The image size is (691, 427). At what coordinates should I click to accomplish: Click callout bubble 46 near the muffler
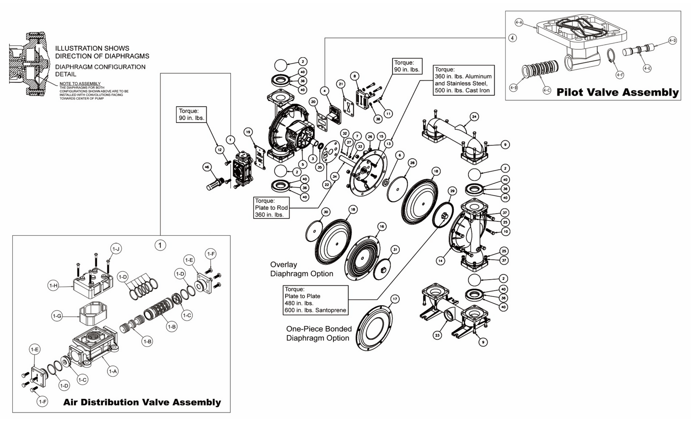click(x=207, y=167)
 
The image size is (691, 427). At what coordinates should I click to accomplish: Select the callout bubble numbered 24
click(x=474, y=117)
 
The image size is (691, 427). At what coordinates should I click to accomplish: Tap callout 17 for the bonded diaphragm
click(x=395, y=299)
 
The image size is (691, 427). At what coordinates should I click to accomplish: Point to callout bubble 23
click(x=437, y=335)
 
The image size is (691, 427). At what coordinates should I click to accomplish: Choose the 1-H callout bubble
click(x=53, y=286)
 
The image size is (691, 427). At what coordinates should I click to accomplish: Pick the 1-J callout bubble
click(x=116, y=249)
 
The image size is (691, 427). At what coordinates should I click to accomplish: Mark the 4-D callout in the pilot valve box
click(x=672, y=41)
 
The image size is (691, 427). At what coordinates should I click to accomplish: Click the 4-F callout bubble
click(x=619, y=75)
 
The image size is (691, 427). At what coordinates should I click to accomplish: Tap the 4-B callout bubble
click(x=514, y=88)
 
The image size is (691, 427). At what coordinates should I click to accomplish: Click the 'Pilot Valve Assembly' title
click(x=617, y=92)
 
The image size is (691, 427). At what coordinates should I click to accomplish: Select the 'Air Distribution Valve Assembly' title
click(x=142, y=402)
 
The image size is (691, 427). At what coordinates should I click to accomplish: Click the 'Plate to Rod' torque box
click(x=271, y=208)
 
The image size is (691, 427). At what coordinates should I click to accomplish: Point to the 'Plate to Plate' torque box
click(x=315, y=300)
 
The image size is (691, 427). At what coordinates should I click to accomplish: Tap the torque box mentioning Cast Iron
click(x=463, y=80)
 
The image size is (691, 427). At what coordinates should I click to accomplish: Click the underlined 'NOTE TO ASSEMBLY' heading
click(x=80, y=84)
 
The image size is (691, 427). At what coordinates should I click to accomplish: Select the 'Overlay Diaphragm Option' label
click(x=302, y=269)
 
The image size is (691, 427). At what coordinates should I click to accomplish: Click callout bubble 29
click(x=452, y=191)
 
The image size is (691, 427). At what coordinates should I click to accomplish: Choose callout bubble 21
click(x=340, y=84)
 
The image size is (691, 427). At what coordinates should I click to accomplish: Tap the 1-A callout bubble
click(x=113, y=371)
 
